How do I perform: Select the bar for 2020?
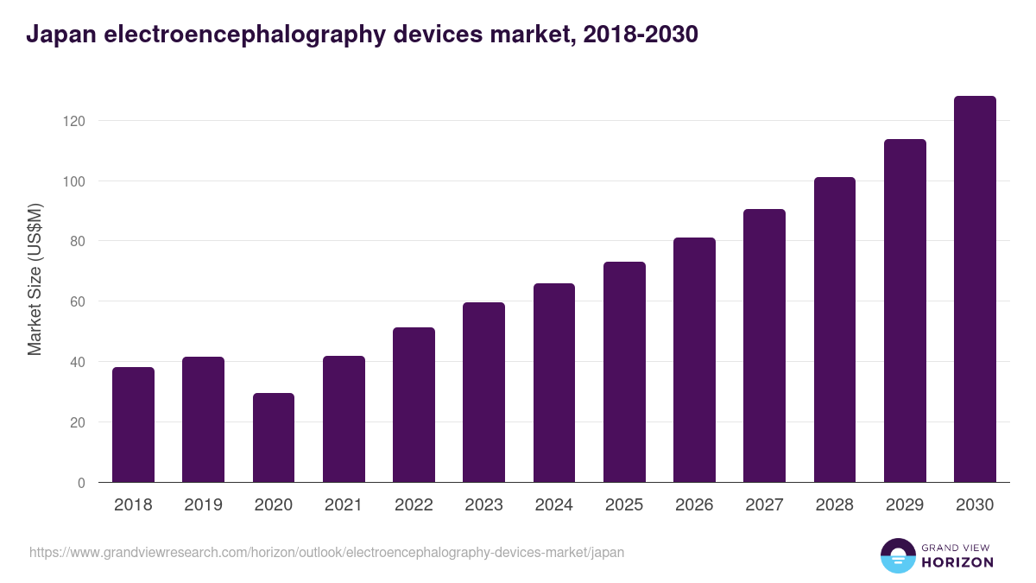[274, 438]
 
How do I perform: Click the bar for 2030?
[975, 289]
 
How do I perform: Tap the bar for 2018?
[133, 425]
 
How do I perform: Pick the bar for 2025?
[624, 372]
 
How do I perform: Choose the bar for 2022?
[414, 405]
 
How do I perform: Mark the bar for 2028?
[835, 330]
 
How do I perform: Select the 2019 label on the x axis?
[203, 505]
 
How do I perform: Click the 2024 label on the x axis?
[554, 505]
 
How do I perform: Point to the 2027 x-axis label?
[765, 505]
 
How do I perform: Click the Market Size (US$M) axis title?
[35, 279]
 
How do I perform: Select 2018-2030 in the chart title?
[640, 35]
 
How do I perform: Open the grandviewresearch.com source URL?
[326, 552]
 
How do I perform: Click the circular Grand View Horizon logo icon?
[898, 555]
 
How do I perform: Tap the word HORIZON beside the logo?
[957, 562]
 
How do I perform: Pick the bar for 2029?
[905, 311]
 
